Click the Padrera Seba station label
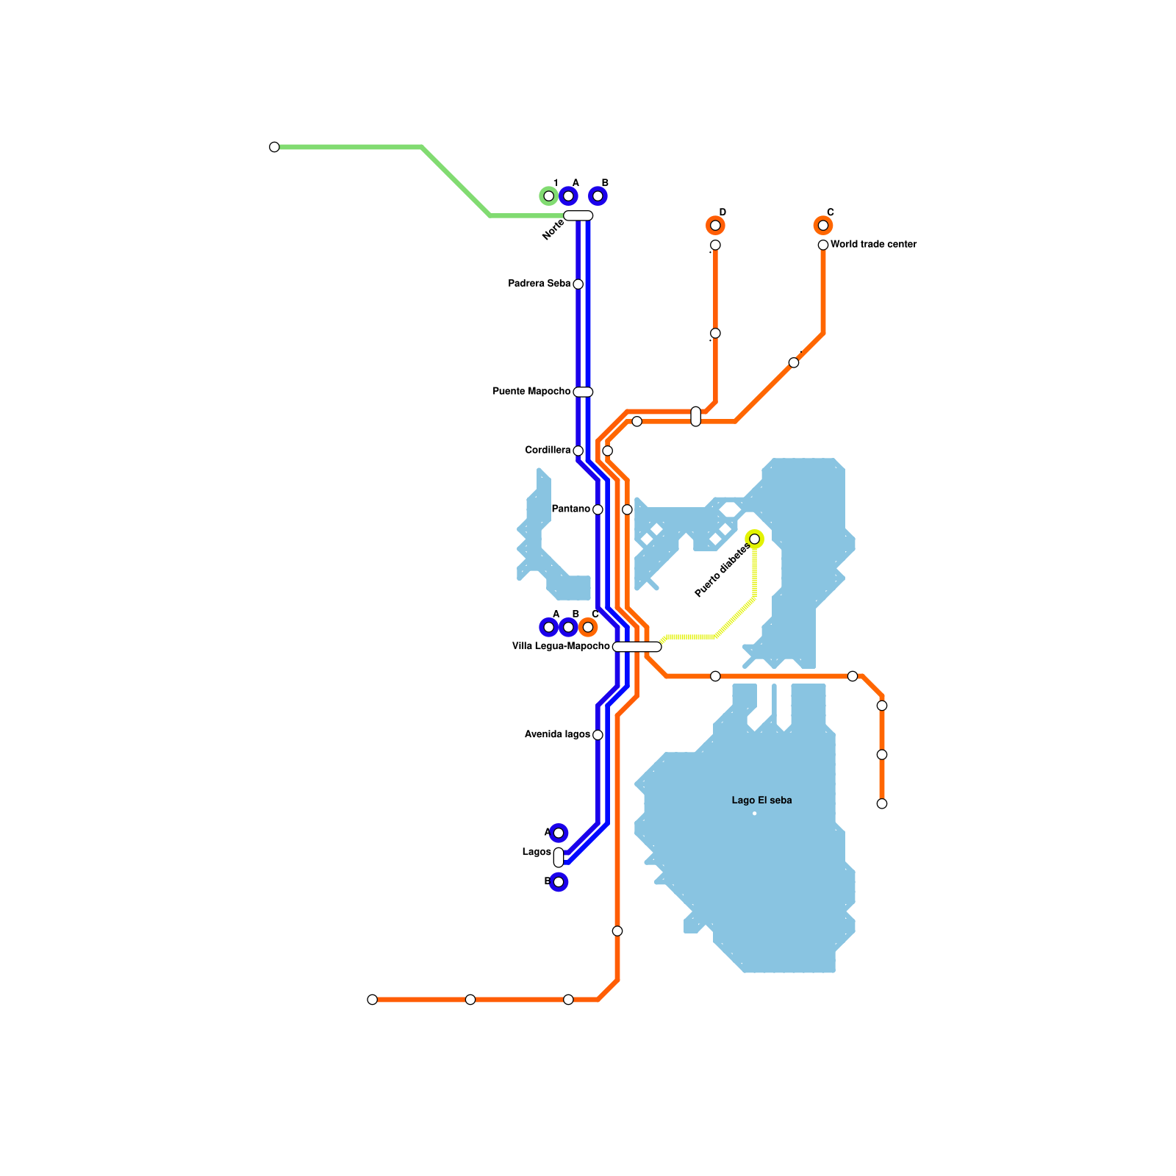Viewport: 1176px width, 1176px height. (x=539, y=284)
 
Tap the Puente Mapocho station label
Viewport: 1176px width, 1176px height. (x=531, y=392)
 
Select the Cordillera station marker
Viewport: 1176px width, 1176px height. (x=578, y=451)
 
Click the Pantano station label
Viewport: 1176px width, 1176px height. (x=570, y=509)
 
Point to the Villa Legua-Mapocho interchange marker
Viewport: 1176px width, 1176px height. (x=637, y=647)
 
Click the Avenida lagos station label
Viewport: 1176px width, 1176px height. (x=556, y=735)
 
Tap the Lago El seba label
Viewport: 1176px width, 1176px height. (x=761, y=800)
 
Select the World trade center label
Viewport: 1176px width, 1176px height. (x=873, y=245)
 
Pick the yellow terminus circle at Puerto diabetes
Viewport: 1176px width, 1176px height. (x=754, y=539)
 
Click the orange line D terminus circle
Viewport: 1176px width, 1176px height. (x=715, y=226)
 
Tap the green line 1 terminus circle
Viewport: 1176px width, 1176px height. (x=548, y=196)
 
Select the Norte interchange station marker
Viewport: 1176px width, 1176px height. (x=578, y=215)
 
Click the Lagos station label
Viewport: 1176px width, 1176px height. (x=536, y=853)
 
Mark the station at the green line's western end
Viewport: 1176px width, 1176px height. (x=274, y=147)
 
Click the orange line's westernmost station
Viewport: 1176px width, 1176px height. (x=372, y=1000)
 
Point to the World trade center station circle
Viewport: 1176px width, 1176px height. (x=823, y=245)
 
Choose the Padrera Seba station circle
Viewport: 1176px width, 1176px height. (x=578, y=284)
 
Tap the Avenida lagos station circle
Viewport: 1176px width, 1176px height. (x=598, y=735)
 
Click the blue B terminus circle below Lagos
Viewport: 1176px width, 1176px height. (x=559, y=882)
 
